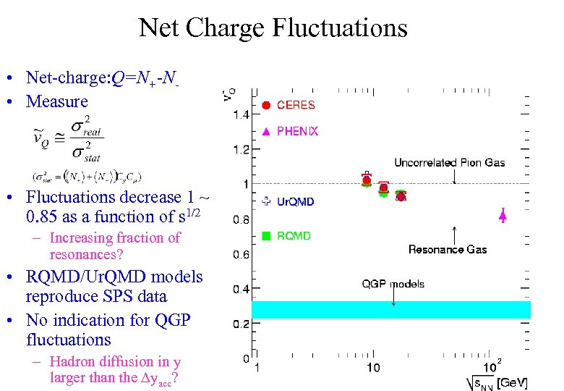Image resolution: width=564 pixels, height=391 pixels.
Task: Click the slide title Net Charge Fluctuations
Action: pyautogui.click(x=273, y=28)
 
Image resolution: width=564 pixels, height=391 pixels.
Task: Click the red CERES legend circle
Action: pyautogui.click(x=266, y=106)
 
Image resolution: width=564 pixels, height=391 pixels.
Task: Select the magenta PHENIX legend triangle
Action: pyautogui.click(x=266, y=132)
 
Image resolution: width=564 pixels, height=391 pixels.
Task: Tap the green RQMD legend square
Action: pyautogui.click(x=266, y=235)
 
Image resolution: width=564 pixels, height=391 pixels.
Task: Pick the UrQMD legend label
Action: pyautogui.click(x=296, y=202)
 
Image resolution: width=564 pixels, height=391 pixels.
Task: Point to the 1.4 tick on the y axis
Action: pyautogui.click(x=241, y=114)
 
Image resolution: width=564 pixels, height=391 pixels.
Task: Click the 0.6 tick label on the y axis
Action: pyautogui.click(x=241, y=254)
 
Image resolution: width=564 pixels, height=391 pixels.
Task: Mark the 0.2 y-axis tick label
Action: pyautogui.click(x=241, y=324)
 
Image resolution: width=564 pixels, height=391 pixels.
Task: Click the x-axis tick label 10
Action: pyautogui.click(x=372, y=369)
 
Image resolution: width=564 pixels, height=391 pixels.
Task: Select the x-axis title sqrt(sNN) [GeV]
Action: pyautogui.click(x=497, y=382)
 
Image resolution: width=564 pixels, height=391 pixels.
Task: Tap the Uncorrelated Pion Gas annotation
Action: pyautogui.click(x=449, y=162)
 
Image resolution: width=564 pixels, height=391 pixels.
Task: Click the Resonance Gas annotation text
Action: pyautogui.click(x=448, y=250)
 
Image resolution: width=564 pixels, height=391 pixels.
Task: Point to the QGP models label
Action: pyautogui.click(x=393, y=284)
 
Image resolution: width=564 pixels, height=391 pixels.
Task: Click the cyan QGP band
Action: pyautogui.click(x=390, y=310)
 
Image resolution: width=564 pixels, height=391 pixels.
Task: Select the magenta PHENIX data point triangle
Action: pyautogui.click(x=503, y=214)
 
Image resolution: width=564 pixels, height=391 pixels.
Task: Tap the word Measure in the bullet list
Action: pyautogui.click(x=56, y=101)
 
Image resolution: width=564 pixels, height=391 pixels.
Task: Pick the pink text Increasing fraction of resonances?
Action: pyautogui.click(x=114, y=246)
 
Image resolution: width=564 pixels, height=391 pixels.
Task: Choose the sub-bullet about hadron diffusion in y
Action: pyautogui.click(x=114, y=369)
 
